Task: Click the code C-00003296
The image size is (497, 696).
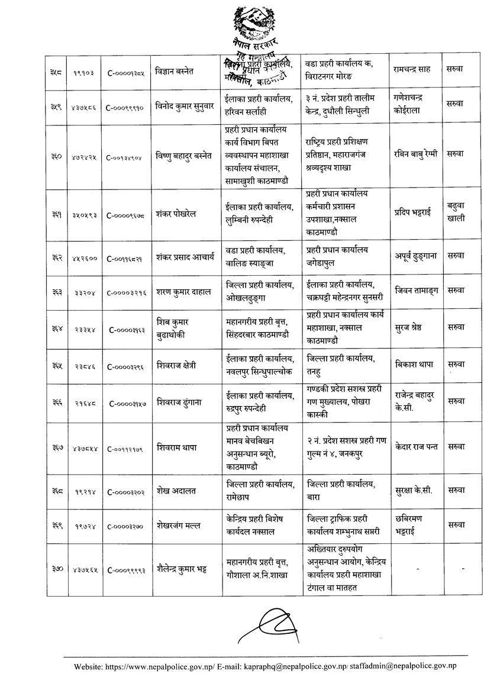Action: click(126, 365)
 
